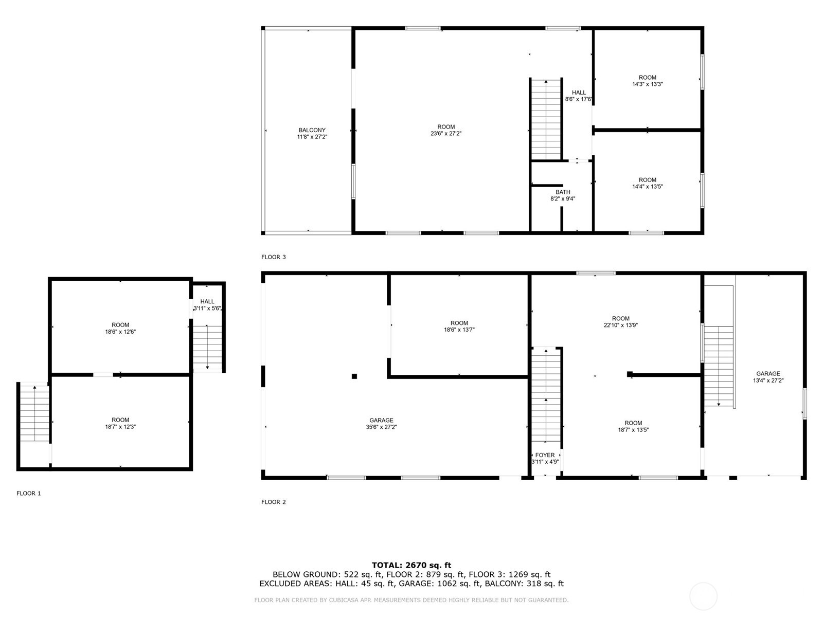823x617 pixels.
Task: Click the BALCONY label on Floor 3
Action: tap(312, 130)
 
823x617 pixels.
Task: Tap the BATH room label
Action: tap(563, 192)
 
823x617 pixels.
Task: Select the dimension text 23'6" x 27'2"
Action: tap(446, 134)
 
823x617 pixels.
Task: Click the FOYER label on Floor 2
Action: tap(545, 455)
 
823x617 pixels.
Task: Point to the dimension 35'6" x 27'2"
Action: tap(381, 427)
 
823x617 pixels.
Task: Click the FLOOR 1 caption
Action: tap(29, 494)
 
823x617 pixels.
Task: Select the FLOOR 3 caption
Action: tap(274, 257)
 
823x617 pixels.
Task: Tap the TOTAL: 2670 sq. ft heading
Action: tap(411, 565)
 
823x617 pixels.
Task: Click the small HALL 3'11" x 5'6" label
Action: tap(207, 305)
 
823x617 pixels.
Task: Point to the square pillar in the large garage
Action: tap(354, 376)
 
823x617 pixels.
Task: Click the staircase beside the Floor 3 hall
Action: tap(546, 119)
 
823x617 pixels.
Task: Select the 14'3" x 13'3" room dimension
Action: tap(647, 84)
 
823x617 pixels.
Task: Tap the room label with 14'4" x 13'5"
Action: tap(647, 184)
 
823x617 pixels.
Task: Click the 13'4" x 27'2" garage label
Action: tap(768, 377)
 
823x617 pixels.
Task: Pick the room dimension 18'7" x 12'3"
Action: tap(120, 427)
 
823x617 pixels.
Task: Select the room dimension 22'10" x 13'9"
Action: tap(621, 325)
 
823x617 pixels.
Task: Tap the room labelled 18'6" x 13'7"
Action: tap(459, 326)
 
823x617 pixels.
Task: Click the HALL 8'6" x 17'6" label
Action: tap(579, 96)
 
